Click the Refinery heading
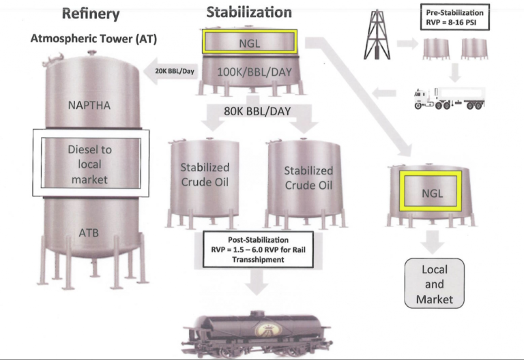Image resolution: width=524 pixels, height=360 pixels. pos(91,13)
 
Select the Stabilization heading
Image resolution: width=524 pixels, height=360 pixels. pos(248,12)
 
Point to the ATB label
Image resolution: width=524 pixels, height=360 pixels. pos(89,233)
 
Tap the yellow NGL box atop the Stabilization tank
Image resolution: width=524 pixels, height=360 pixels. pos(249,42)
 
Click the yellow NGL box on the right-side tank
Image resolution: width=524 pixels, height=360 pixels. pos(432,192)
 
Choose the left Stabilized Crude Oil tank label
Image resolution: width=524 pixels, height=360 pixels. pos(205,175)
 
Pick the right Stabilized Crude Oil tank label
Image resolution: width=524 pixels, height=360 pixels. pos(308,179)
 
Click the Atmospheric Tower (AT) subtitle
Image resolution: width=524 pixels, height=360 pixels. pos(93,39)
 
